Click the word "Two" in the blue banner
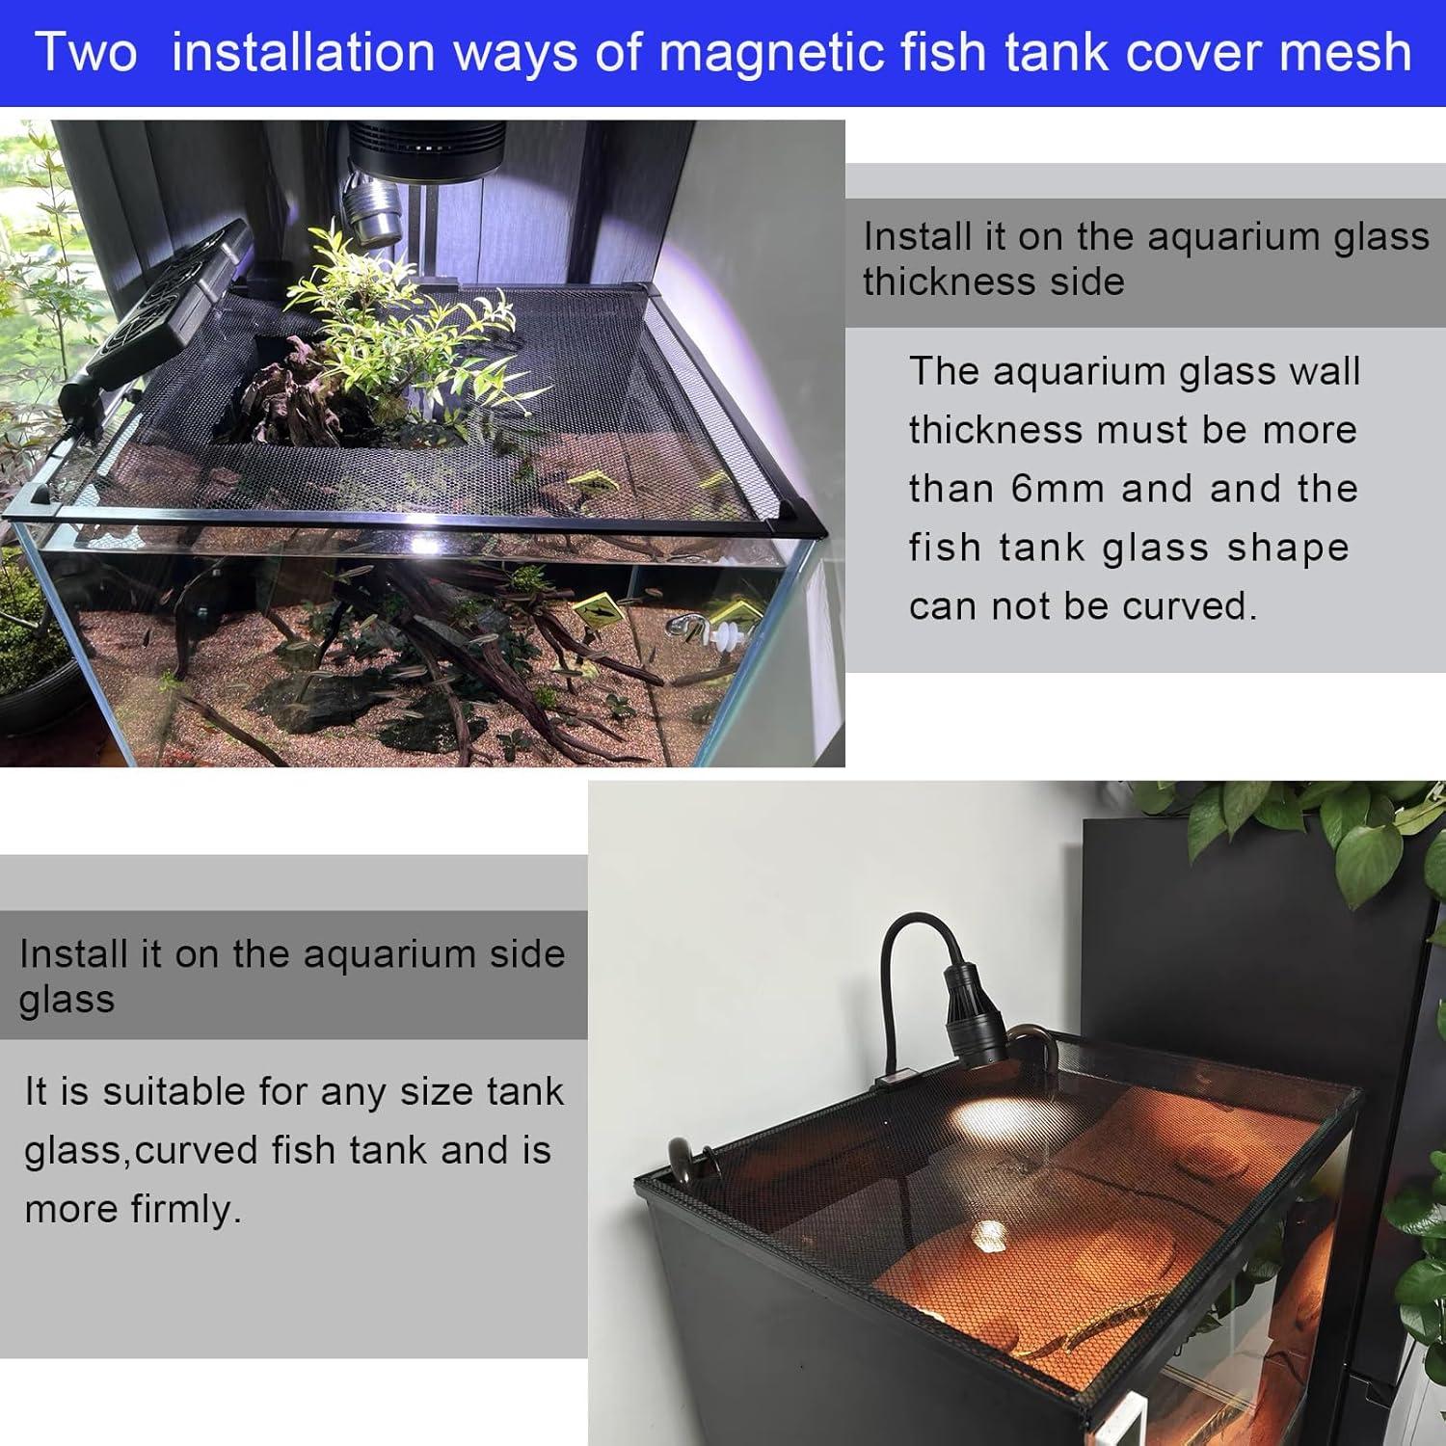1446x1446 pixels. (86, 52)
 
